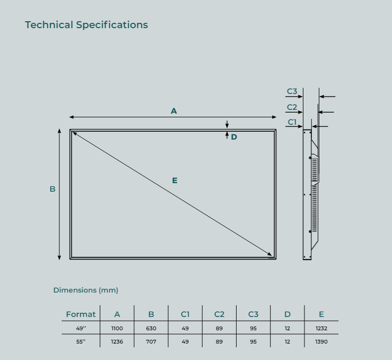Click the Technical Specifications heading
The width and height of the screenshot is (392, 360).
pyautogui.click(x=86, y=25)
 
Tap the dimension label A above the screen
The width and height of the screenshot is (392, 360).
pyautogui.click(x=173, y=111)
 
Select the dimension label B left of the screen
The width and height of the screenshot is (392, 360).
pyautogui.click(x=53, y=189)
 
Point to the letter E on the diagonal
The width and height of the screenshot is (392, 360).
pyautogui.click(x=175, y=181)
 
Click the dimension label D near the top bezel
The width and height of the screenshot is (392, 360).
pyautogui.click(x=234, y=137)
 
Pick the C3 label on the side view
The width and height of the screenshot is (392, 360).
pyautogui.click(x=292, y=91)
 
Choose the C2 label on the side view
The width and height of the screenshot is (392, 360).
pyautogui.click(x=292, y=107)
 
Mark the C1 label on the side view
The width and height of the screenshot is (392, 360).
pyautogui.click(x=292, y=122)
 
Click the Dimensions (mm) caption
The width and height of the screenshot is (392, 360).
pyautogui.click(x=85, y=290)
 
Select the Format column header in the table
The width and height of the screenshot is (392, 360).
pyautogui.click(x=81, y=314)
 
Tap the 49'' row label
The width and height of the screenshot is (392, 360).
pyautogui.click(x=81, y=329)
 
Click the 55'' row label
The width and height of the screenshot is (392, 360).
pyautogui.click(x=81, y=341)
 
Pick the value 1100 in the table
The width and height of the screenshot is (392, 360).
pyautogui.click(x=117, y=329)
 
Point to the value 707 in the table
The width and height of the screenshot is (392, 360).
pyautogui.click(x=151, y=341)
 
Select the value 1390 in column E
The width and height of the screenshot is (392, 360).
pyautogui.click(x=321, y=341)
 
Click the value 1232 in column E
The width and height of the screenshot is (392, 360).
pyautogui.click(x=321, y=329)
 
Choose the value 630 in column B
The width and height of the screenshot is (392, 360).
pyautogui.click(x=151, y=329)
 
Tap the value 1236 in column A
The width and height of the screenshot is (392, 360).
pyautogui.click(x=117, y=341)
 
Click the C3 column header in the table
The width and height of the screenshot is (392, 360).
pyautogui.click(x=253, y=314)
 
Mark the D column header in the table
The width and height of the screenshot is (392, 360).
pyautogui.click(x=288, y=314)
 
